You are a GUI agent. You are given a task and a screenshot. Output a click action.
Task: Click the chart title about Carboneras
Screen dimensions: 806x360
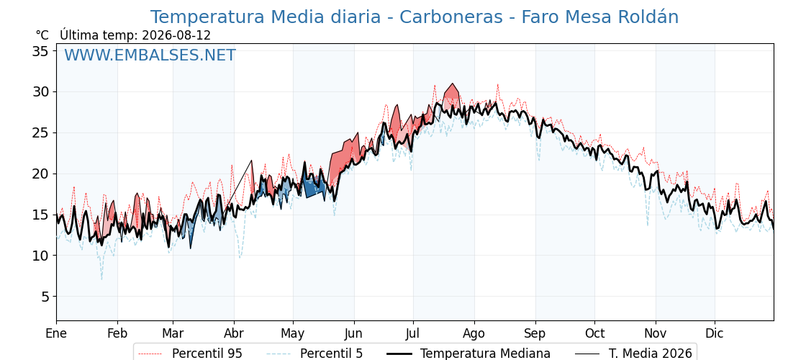[x=415, y=17]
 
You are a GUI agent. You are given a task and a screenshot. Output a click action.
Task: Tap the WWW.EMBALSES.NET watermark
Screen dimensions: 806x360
[x=150, y=55]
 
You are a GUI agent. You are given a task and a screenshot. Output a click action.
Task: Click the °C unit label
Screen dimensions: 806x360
[x=42, y=35]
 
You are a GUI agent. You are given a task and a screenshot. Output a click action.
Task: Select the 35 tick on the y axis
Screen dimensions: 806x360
[x=42, y=51]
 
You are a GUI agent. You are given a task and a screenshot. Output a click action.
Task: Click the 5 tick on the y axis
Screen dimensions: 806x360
[x=46, y=297]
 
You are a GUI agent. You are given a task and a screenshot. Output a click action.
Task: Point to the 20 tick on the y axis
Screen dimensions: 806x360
[x=42, y=174]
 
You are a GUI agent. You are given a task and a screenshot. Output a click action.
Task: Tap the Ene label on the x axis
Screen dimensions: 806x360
[x=56, y=333]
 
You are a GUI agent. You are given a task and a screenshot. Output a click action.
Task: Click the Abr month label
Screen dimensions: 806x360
[x=233, y=333]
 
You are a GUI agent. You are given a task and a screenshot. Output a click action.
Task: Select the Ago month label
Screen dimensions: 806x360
[x=474, y=333]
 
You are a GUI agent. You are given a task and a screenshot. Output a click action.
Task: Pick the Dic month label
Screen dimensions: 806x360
[x=714, y=333]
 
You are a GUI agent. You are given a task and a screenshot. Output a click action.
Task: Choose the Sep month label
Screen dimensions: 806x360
[x=535, y=333]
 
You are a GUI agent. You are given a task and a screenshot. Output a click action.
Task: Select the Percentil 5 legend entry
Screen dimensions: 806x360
[x=314, y=354]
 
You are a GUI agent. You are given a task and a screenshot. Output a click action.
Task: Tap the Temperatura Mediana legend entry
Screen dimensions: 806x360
[x=467, y=354]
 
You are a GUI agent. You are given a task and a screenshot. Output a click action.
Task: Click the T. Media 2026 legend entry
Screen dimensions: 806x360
[x=633, y=354]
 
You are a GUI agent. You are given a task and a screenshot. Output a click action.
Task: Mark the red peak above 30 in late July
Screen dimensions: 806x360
[x=453, y=84]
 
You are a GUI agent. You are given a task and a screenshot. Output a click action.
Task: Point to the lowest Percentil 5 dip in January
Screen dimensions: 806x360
[x=101, y=279]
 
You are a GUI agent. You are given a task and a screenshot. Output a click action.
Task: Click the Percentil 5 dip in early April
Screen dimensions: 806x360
[x=240, y=256]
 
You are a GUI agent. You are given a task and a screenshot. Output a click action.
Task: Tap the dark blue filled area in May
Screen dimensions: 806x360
[x=313, y=188]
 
